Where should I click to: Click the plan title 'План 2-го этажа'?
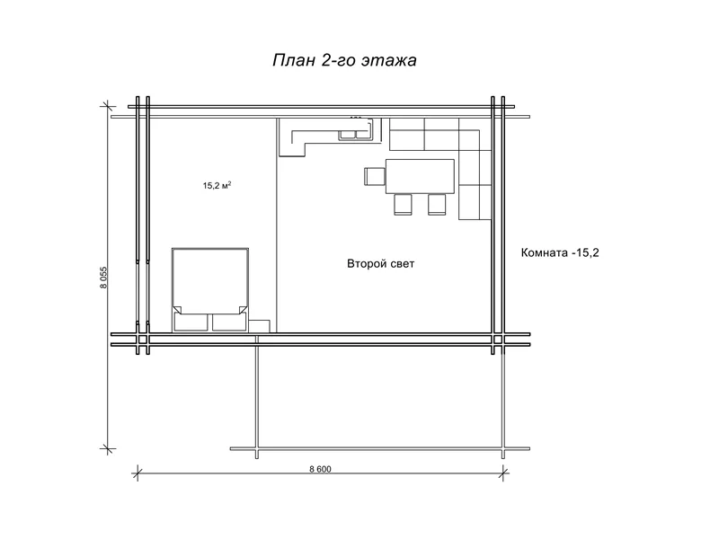[x=344, y=61]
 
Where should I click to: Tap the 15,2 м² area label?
[x=217, y=186]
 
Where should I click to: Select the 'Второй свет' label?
[x=381, y=264]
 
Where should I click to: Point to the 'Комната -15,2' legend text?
[x=560, y=253]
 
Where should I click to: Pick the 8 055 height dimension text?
[x=103, y=279]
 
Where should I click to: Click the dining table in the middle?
[x=420, y=176]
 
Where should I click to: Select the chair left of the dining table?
[x=374, y=176]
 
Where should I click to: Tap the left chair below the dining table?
[x=404, y=205]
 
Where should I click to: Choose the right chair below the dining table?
[x=437, y=205]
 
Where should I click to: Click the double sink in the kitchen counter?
[x=354, y=135]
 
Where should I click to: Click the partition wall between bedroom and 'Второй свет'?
[x=276, y=225]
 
